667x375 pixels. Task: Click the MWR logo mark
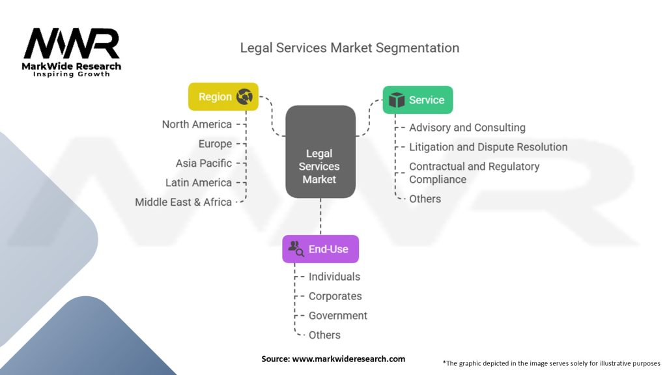[72, 44]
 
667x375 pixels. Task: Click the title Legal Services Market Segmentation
[350, 48]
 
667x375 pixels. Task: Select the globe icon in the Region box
[245, 96]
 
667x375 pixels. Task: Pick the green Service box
[418, 100]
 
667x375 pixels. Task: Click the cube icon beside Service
[396, 100]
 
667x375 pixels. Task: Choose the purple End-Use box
[320, 249]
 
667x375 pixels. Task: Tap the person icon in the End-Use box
[296, 248]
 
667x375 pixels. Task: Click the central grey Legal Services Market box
[320, 152]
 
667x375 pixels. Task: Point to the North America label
[197, 124]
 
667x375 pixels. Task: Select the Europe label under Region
[215, 144]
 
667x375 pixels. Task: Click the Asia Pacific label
[203, 163]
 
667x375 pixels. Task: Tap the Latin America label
[199, 183]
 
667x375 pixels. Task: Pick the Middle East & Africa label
[184, 202]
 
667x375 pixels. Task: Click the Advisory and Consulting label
[467, 128]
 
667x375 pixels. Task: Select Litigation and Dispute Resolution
[488, 147]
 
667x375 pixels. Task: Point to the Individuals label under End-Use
[334, 277]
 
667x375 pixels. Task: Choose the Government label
[338, 316]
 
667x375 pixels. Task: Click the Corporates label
[335, 296]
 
